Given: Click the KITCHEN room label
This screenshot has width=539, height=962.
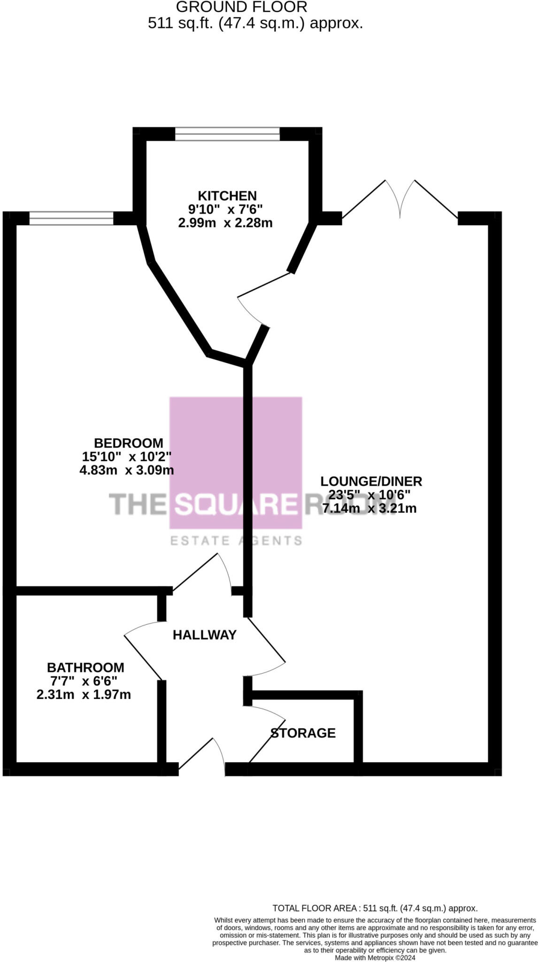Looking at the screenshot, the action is [x=227, y=196].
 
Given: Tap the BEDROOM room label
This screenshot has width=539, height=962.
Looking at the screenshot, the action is [x=129, y=443].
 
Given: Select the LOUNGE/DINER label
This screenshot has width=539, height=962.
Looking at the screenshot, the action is [x=371, y=481].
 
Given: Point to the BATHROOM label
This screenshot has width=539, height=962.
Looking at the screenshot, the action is [x=85, y=667].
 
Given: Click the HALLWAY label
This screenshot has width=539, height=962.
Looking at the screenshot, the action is [x=204, y=635].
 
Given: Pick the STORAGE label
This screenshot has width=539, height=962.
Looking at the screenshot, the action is [x=303, y=733].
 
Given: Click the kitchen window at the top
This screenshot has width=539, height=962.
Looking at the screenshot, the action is [x=227, y=134].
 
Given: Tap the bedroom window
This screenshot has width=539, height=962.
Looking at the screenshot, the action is [x=71, y=218].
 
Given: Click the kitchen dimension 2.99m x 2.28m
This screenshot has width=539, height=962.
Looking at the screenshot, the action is [x=225, y=223].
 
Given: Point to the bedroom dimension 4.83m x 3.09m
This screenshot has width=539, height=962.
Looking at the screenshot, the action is [x=127, y=470].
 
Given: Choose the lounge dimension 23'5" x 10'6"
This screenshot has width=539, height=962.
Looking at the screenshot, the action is [x=370, y=495].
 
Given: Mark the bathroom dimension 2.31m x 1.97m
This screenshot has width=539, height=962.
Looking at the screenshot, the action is [x=84, y=694].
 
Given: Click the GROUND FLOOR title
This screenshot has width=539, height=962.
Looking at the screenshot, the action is [x=242, y=7].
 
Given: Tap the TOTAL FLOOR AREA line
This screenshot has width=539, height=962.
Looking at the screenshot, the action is [x=375, y=908].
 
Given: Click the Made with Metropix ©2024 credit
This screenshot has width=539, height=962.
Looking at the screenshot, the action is [x=375, y=957].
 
